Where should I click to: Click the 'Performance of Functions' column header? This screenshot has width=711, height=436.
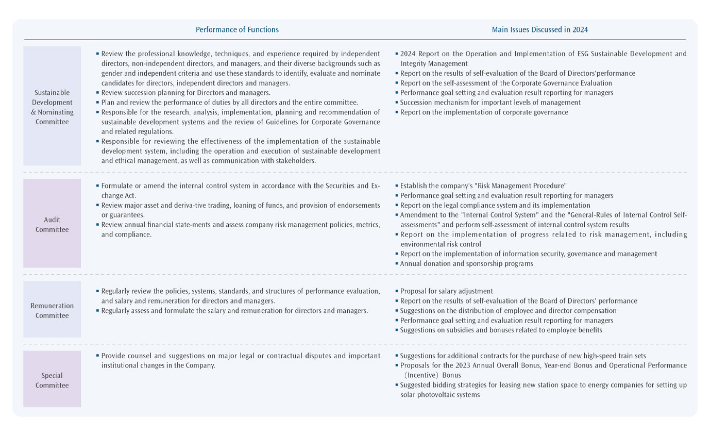pyautogui.click(x=237, y=30)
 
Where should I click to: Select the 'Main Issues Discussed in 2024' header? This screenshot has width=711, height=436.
pyautogui.click(x=539, y=30)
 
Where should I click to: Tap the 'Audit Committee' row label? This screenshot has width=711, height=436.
pyautogui.click(x=52, y=225)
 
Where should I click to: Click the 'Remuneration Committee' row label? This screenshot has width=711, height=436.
pyautogui.click(x=52, y=310)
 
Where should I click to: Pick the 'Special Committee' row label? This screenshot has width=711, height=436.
pyautogui.click(x=52, y=380)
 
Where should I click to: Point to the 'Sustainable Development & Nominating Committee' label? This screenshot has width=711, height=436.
pyautogui.click(x=52, y=107)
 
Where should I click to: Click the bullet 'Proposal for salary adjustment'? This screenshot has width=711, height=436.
pyautogui.click(x=446, y=291)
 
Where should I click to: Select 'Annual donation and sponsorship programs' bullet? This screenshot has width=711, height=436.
pyautogui.click(x=466, y=263)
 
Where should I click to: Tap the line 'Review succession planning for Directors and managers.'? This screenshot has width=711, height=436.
pyautogui.click(x=185, y=93)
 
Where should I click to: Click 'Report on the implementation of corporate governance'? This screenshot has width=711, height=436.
pyautogui.click(x=484, y=112)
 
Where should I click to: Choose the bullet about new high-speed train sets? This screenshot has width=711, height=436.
pyautogui.click(x=523, y=356)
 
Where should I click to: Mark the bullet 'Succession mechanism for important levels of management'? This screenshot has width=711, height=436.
pyautogui.click(x=490, y=103)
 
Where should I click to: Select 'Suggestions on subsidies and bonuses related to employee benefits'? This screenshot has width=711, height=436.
pyautogui.click(x=501, y=330)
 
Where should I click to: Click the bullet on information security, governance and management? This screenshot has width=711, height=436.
pyautogui.click(x=528, y=254)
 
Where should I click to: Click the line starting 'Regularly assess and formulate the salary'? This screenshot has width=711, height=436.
pyautogui.click(x=234, y=311)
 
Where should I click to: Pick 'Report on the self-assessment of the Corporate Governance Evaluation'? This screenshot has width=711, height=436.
pyautogui.click(x=506, y=83)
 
